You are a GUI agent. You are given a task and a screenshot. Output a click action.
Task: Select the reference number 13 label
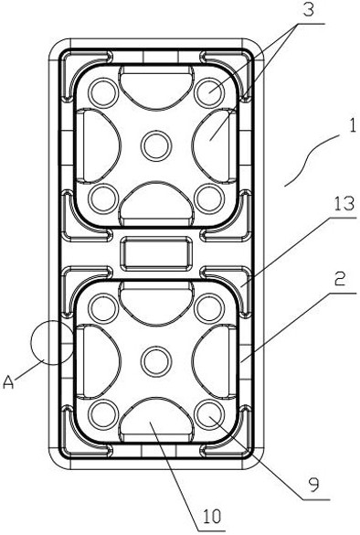click(x=344, y=204)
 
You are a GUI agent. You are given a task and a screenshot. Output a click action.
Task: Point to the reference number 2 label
click(x=340, y=280)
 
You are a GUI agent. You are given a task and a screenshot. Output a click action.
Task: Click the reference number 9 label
click(x=314, y=484)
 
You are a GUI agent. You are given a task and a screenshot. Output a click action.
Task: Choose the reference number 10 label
click(x=212, y=517)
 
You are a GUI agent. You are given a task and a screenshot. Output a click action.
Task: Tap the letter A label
click(x=8, y=381)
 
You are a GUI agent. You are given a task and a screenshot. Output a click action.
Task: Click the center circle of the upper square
click(x=156, y=146)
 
